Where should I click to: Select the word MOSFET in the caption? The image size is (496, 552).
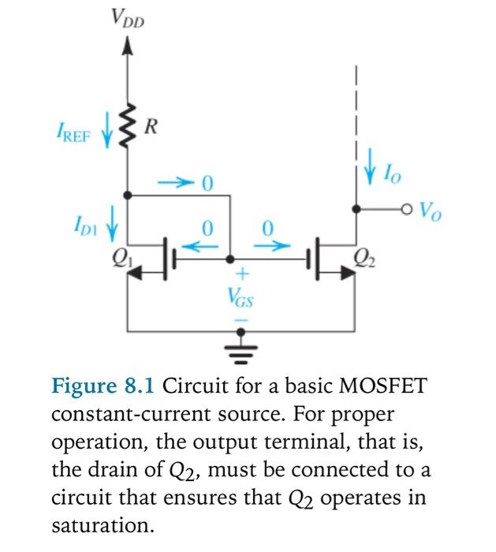click(384, 387)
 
